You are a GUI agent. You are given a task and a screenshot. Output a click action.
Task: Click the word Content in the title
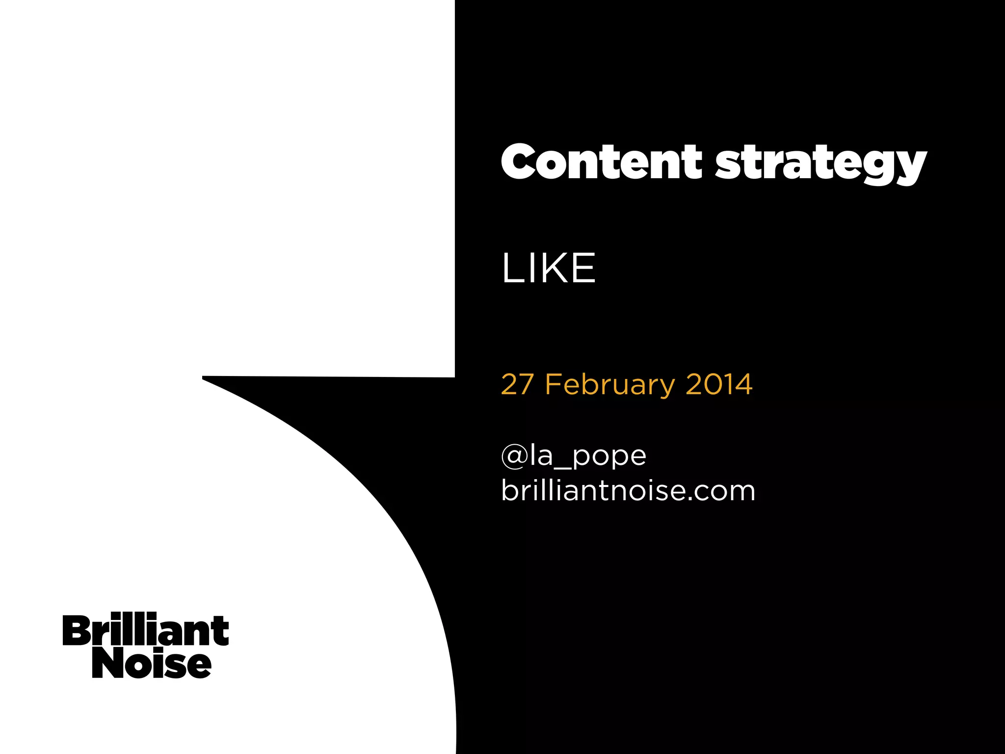coord(602,162)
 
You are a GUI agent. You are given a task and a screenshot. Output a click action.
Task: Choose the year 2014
coord(718,384)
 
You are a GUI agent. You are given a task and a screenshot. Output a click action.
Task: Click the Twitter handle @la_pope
coord(573,456)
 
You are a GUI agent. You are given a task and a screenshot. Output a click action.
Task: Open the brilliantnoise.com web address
coord(628,491)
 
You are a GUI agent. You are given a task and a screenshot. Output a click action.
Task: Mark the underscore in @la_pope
coord(562,466)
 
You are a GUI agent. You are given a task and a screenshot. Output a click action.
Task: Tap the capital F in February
coord(553,384)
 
